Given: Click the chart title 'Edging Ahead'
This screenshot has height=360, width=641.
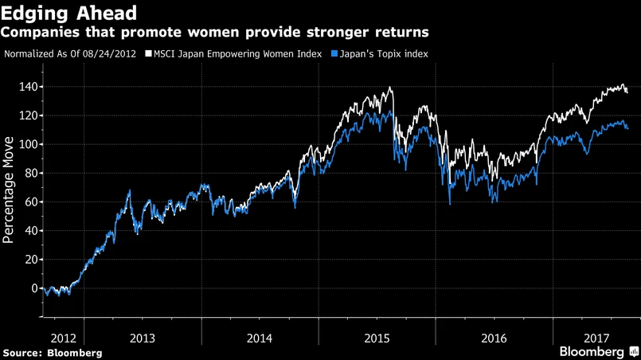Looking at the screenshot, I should [68, 13].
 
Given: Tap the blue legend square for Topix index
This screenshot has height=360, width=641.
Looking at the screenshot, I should [334, 54].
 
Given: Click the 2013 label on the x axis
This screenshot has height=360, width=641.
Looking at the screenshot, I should [142, 338].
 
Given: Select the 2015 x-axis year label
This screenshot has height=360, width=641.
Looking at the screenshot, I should [377, 338].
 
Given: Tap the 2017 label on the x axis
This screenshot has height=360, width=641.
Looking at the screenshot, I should [596, 338].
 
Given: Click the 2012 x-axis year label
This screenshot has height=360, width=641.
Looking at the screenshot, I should [62, 338].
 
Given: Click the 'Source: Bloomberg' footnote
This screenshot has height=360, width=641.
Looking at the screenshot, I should [53, 352].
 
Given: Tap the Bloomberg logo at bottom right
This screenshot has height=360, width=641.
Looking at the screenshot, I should [596, 351].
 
